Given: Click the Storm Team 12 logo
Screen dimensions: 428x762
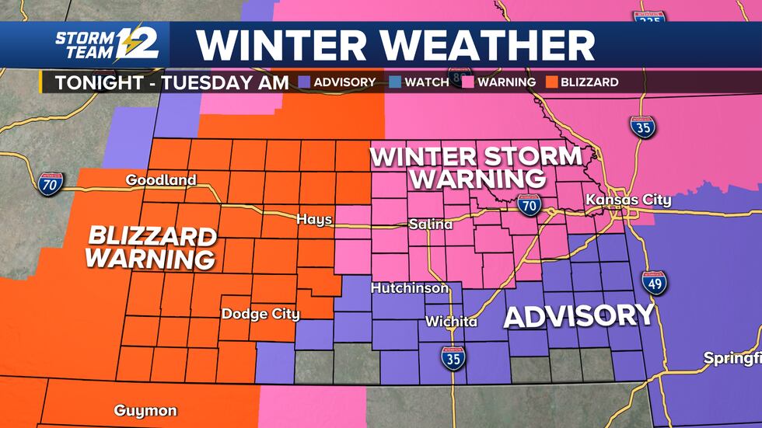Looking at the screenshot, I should click(x=107, y=45).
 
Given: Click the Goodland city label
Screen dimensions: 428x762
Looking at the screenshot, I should click(x=162, y=180).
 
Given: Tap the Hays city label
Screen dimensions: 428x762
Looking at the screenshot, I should click(x=314, y=220).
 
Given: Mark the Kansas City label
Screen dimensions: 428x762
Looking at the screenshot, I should click(x=628, y=200).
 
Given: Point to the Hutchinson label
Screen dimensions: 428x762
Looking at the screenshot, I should click(x=410, y=288).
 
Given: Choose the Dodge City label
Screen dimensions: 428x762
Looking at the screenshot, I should click(x=260, y=314).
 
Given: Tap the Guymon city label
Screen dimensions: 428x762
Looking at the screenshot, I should click(x=145, y=410).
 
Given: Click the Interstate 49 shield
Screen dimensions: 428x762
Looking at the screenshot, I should click(x=654, y=284).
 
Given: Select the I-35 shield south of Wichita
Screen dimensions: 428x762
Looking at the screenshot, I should click(x=453, y=358).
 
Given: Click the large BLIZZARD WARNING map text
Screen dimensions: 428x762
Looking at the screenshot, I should click(x=151, y=247).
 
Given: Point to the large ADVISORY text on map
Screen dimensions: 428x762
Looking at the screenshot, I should click(x=579, y=315).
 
